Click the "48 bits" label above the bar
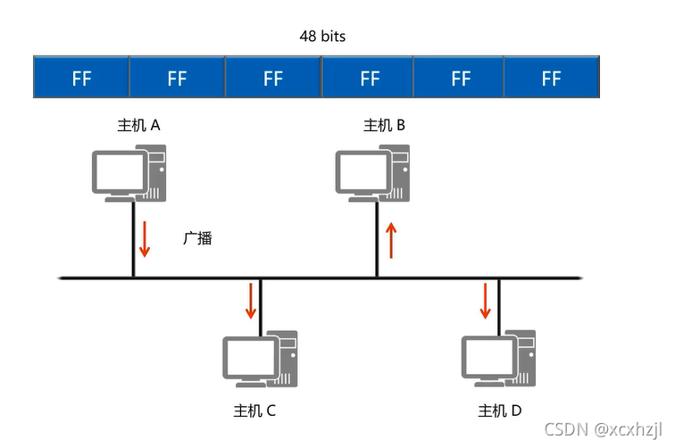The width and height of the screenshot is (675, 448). click(x=321, y=37)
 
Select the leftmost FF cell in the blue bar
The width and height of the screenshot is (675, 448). click(x=81, y=78)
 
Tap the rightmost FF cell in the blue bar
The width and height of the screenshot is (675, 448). click(x=551, y=78)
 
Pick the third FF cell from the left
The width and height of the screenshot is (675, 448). click(x=273, y=78)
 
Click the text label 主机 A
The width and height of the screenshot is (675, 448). click(x=138, y=126)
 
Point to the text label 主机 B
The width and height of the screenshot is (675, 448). click(x=384, y=126)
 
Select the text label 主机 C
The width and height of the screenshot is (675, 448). click(x=254, y=411)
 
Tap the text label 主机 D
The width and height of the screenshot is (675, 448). click(x=499, y=411)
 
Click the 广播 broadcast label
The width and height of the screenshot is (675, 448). click(x=197, y=239)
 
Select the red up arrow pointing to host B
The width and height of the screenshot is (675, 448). click(x=389, y=241)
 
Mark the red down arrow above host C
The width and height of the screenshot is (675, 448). click(x=251, y=302)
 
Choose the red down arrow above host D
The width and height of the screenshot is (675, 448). click(x=486, y=302)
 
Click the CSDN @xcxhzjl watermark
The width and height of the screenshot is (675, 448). click(x=605, y=430)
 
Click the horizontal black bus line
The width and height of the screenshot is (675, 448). click(x=321, y=278)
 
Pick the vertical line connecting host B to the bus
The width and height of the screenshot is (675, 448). click(x=377, y=239)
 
